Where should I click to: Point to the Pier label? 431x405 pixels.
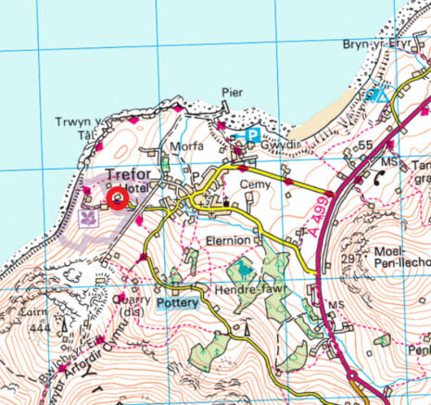pos(232,93)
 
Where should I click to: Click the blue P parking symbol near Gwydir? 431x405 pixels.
pos(250,135)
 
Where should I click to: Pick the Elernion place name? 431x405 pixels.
pos(228,240)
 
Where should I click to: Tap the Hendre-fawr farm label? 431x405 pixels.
pos(249,290)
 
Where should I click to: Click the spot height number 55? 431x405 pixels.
pos(365,146)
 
